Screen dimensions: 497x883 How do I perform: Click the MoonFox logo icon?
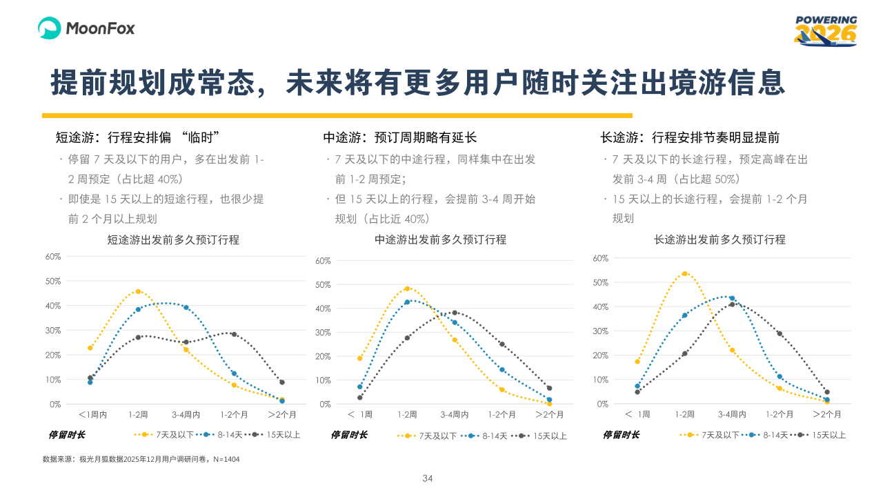coord(50,28)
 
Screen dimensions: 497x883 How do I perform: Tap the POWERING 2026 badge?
coord(825,31)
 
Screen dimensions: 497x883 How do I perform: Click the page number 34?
coord(427,478)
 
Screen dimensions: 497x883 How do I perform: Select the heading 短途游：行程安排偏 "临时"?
coord(137,137)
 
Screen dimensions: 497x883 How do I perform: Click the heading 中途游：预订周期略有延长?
coord(400,137)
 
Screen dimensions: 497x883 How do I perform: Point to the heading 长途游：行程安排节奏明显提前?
coord(690,137)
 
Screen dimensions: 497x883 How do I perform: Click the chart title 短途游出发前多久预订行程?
coord(173,240)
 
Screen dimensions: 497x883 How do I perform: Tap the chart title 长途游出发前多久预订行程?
coord(720,240)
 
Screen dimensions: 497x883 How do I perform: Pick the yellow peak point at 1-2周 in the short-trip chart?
coord(138,291)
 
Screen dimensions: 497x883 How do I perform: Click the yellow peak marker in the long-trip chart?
coord(684,273)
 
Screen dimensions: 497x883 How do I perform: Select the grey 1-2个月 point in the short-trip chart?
coord(234,334)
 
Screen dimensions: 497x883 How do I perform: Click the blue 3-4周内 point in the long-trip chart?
coord(732,298)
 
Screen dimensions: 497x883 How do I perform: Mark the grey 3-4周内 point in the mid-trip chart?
coord(454,313)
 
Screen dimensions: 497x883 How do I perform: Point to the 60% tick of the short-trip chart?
coord(53,256)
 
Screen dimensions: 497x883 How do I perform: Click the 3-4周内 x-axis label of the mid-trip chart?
coord(454,415)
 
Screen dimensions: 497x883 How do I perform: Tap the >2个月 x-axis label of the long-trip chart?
coord(826,414)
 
